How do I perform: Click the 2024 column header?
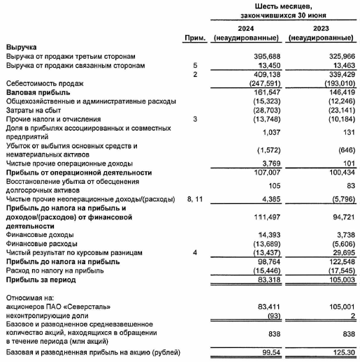[246, 28]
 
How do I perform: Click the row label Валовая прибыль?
[36, 92]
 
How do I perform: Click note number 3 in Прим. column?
[196, 119]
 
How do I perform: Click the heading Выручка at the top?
[22, 47]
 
